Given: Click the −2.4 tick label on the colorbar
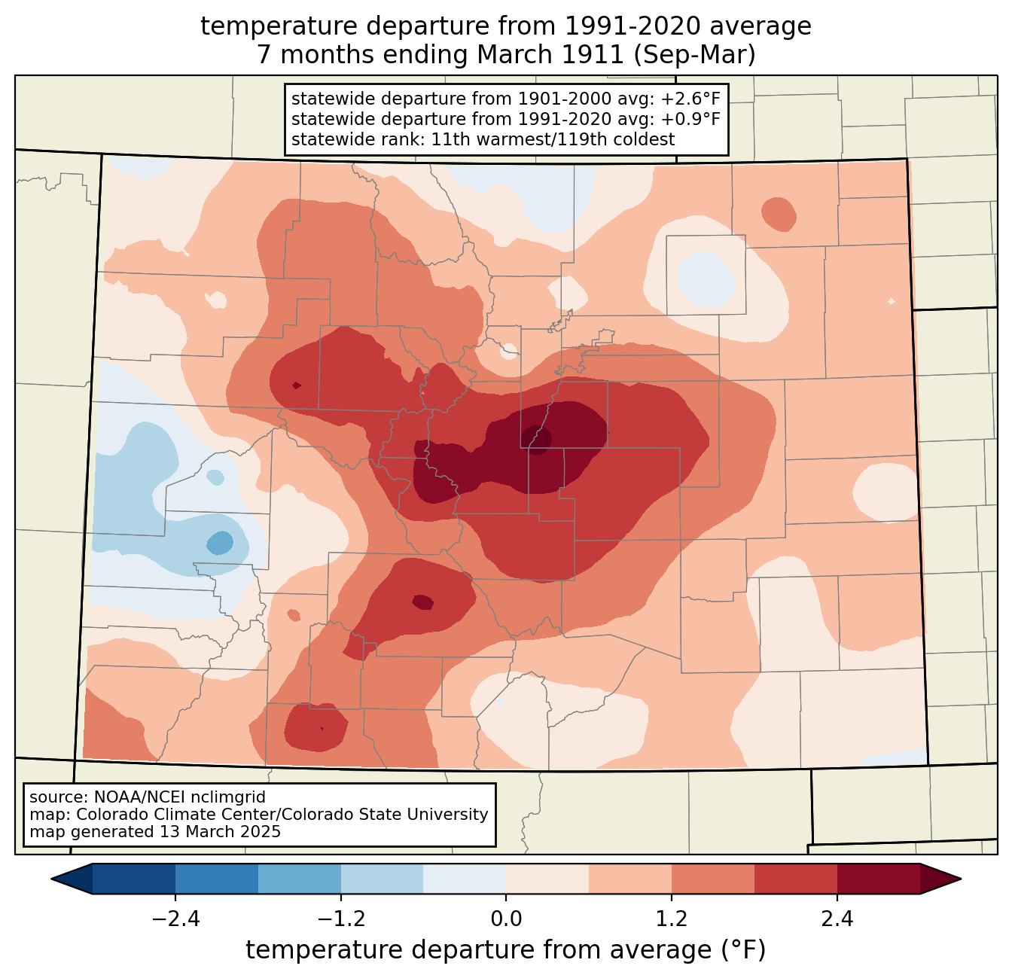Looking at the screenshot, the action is tap(175, 919).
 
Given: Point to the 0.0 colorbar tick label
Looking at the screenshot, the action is tap(505, 919).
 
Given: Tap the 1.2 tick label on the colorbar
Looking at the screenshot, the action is tap(671, 919).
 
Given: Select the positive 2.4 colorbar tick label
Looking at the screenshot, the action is tap(837, 919).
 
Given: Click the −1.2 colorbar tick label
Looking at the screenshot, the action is tap(340, 919).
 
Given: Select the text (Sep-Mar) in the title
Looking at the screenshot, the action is tap(694, 55).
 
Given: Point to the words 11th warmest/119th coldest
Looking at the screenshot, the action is tap(553, 139).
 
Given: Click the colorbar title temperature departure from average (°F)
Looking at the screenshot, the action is tap(505, 949).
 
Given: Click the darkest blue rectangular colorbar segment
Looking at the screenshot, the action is tap(133, 879).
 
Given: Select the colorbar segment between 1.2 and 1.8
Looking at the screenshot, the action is tap(712, 879).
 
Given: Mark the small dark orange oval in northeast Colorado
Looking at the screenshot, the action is tap(779, 215).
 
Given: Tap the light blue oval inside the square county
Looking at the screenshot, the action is tap(706, 279).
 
